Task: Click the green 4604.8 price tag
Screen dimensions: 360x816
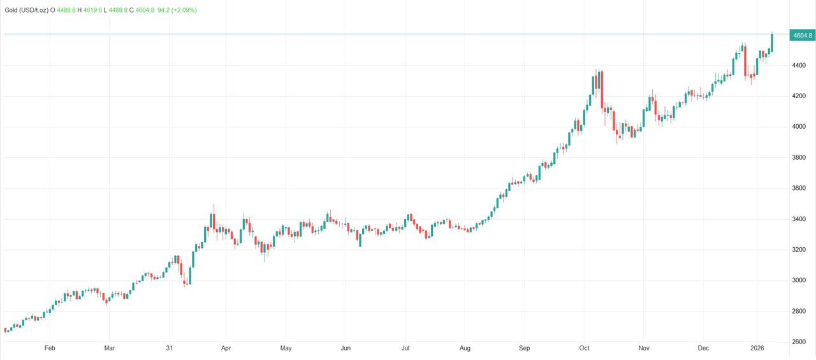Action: pyautogui.click(x=801, y=36)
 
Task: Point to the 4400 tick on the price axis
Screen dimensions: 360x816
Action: pyautogui.click(x=798, y=66)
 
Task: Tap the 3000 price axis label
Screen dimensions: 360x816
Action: pyautogui.click(x=798, y=280)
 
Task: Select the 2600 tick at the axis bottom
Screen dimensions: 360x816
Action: pyautogui.click(x=798, y=342)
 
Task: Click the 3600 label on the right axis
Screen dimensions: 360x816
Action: pyautogui.click(x=798, y=189)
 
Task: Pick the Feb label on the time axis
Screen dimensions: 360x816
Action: pyautogui.click(x=50, y=349)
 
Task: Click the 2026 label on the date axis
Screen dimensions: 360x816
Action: pyautogui.click(x=757, y=349)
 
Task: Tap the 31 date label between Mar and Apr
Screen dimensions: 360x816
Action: pyautogui.click(x=169, y=349)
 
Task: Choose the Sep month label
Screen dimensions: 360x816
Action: pyautogui.click(x=524, y=349)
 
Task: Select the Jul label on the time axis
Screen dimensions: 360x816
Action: pyautogui.click(x=405, y=349)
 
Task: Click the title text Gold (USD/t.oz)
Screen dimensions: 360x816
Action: pyautogui.click(x=27, y=10)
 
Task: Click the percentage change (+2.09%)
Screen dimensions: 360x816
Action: pyautogui.click(x=183, y=10)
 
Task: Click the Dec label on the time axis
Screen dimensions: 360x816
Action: pyautogui.click(x=703, y=349)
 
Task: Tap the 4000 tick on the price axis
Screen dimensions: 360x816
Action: pyautogui.click(x=798, y=127)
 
